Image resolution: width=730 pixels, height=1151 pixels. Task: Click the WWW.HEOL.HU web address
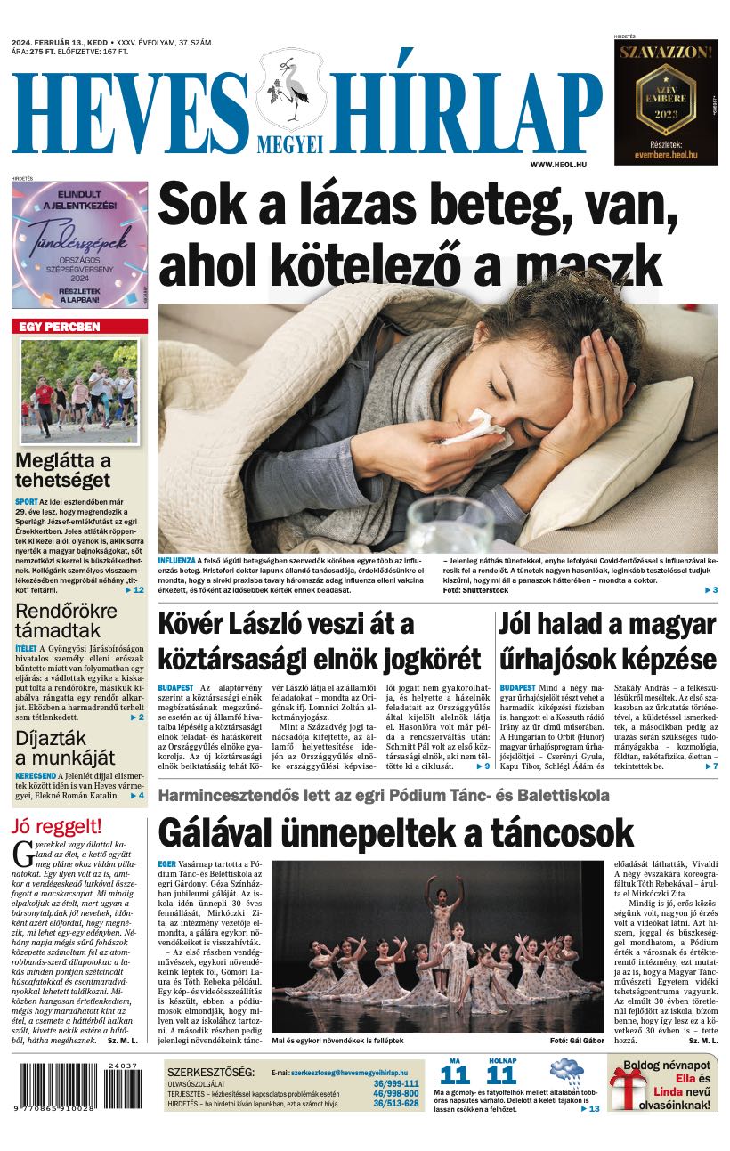pyautogui.click(x=563, y=165)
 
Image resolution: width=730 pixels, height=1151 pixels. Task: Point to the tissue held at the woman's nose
pyautogui.click(x=473, y=426)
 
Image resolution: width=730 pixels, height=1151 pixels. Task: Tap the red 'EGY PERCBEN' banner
pyautogui.click(x=61, y=327)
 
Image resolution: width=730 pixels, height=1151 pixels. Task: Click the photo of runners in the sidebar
pyautogui.click(x=79, y=391)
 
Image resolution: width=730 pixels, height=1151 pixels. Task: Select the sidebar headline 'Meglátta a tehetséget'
pyautogui.click(x=63, y=471)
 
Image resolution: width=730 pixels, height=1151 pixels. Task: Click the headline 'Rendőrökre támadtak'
pyautogui.click(x=67, y=620)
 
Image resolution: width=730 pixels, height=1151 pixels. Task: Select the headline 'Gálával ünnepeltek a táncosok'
pyautogui.click(x=395, y=833)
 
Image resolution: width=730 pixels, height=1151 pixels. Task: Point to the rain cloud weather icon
pyautogui.click(x=566, y=1072)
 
